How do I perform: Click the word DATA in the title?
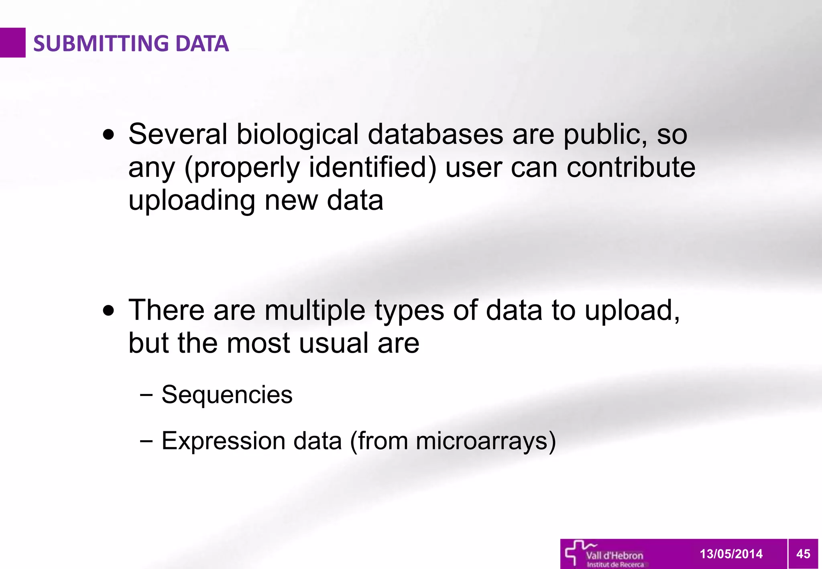[x=202, y=43]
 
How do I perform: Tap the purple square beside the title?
[x=12, y=43]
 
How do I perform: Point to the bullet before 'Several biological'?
[x=108, y=135]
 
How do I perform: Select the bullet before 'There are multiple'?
[x=108, y=311]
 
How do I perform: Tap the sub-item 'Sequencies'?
[x=227, y=394]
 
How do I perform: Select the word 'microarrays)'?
[x=486, y=441]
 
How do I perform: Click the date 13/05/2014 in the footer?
[x=731, y=554]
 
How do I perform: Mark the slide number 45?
[x=803, y=554]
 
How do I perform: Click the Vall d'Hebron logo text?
[x=614, y=556]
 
